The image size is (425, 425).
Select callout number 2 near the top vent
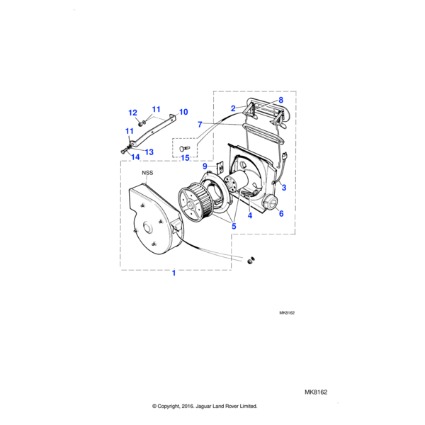tap(232, 108)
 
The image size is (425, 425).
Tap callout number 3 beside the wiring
tap(283, 188)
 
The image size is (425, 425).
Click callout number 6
tap(280, 213)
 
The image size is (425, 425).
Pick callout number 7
tap(200, 125)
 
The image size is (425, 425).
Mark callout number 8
tap(280, 101)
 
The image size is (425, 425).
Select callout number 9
tap(205, 166)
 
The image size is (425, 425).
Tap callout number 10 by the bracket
tap(183, 112)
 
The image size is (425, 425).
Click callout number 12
tap(132, 113)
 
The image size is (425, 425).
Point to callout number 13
tap(149, 152)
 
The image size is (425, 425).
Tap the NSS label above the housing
tap(147, 172)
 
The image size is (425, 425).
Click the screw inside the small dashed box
tap(185, 147)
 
